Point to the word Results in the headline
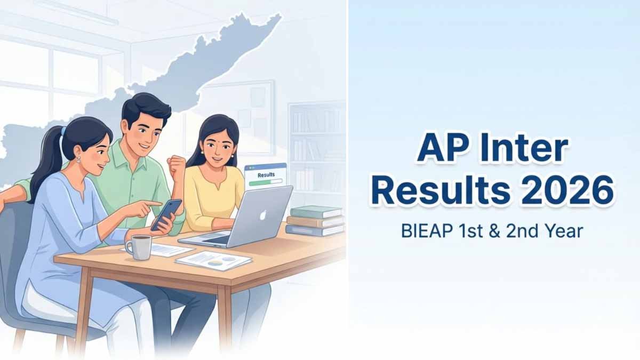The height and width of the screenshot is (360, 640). tap(441, 190)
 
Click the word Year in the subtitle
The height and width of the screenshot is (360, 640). tap(565, 231)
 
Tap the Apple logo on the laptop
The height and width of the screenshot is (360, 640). tap(263, 215)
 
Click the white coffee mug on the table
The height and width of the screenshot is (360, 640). tap(139, 247)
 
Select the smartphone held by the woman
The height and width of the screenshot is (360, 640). tap(166, 215)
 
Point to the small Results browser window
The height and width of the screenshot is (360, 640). tap(266, 174)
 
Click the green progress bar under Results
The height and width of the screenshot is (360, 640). tap(266, 181)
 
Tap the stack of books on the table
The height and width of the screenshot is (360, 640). tap(315, 221)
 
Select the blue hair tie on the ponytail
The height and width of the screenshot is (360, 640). tap(63, 131)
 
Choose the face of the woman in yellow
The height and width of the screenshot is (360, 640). tap(218, 146)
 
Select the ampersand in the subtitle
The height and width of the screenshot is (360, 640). tap(494, 231)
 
